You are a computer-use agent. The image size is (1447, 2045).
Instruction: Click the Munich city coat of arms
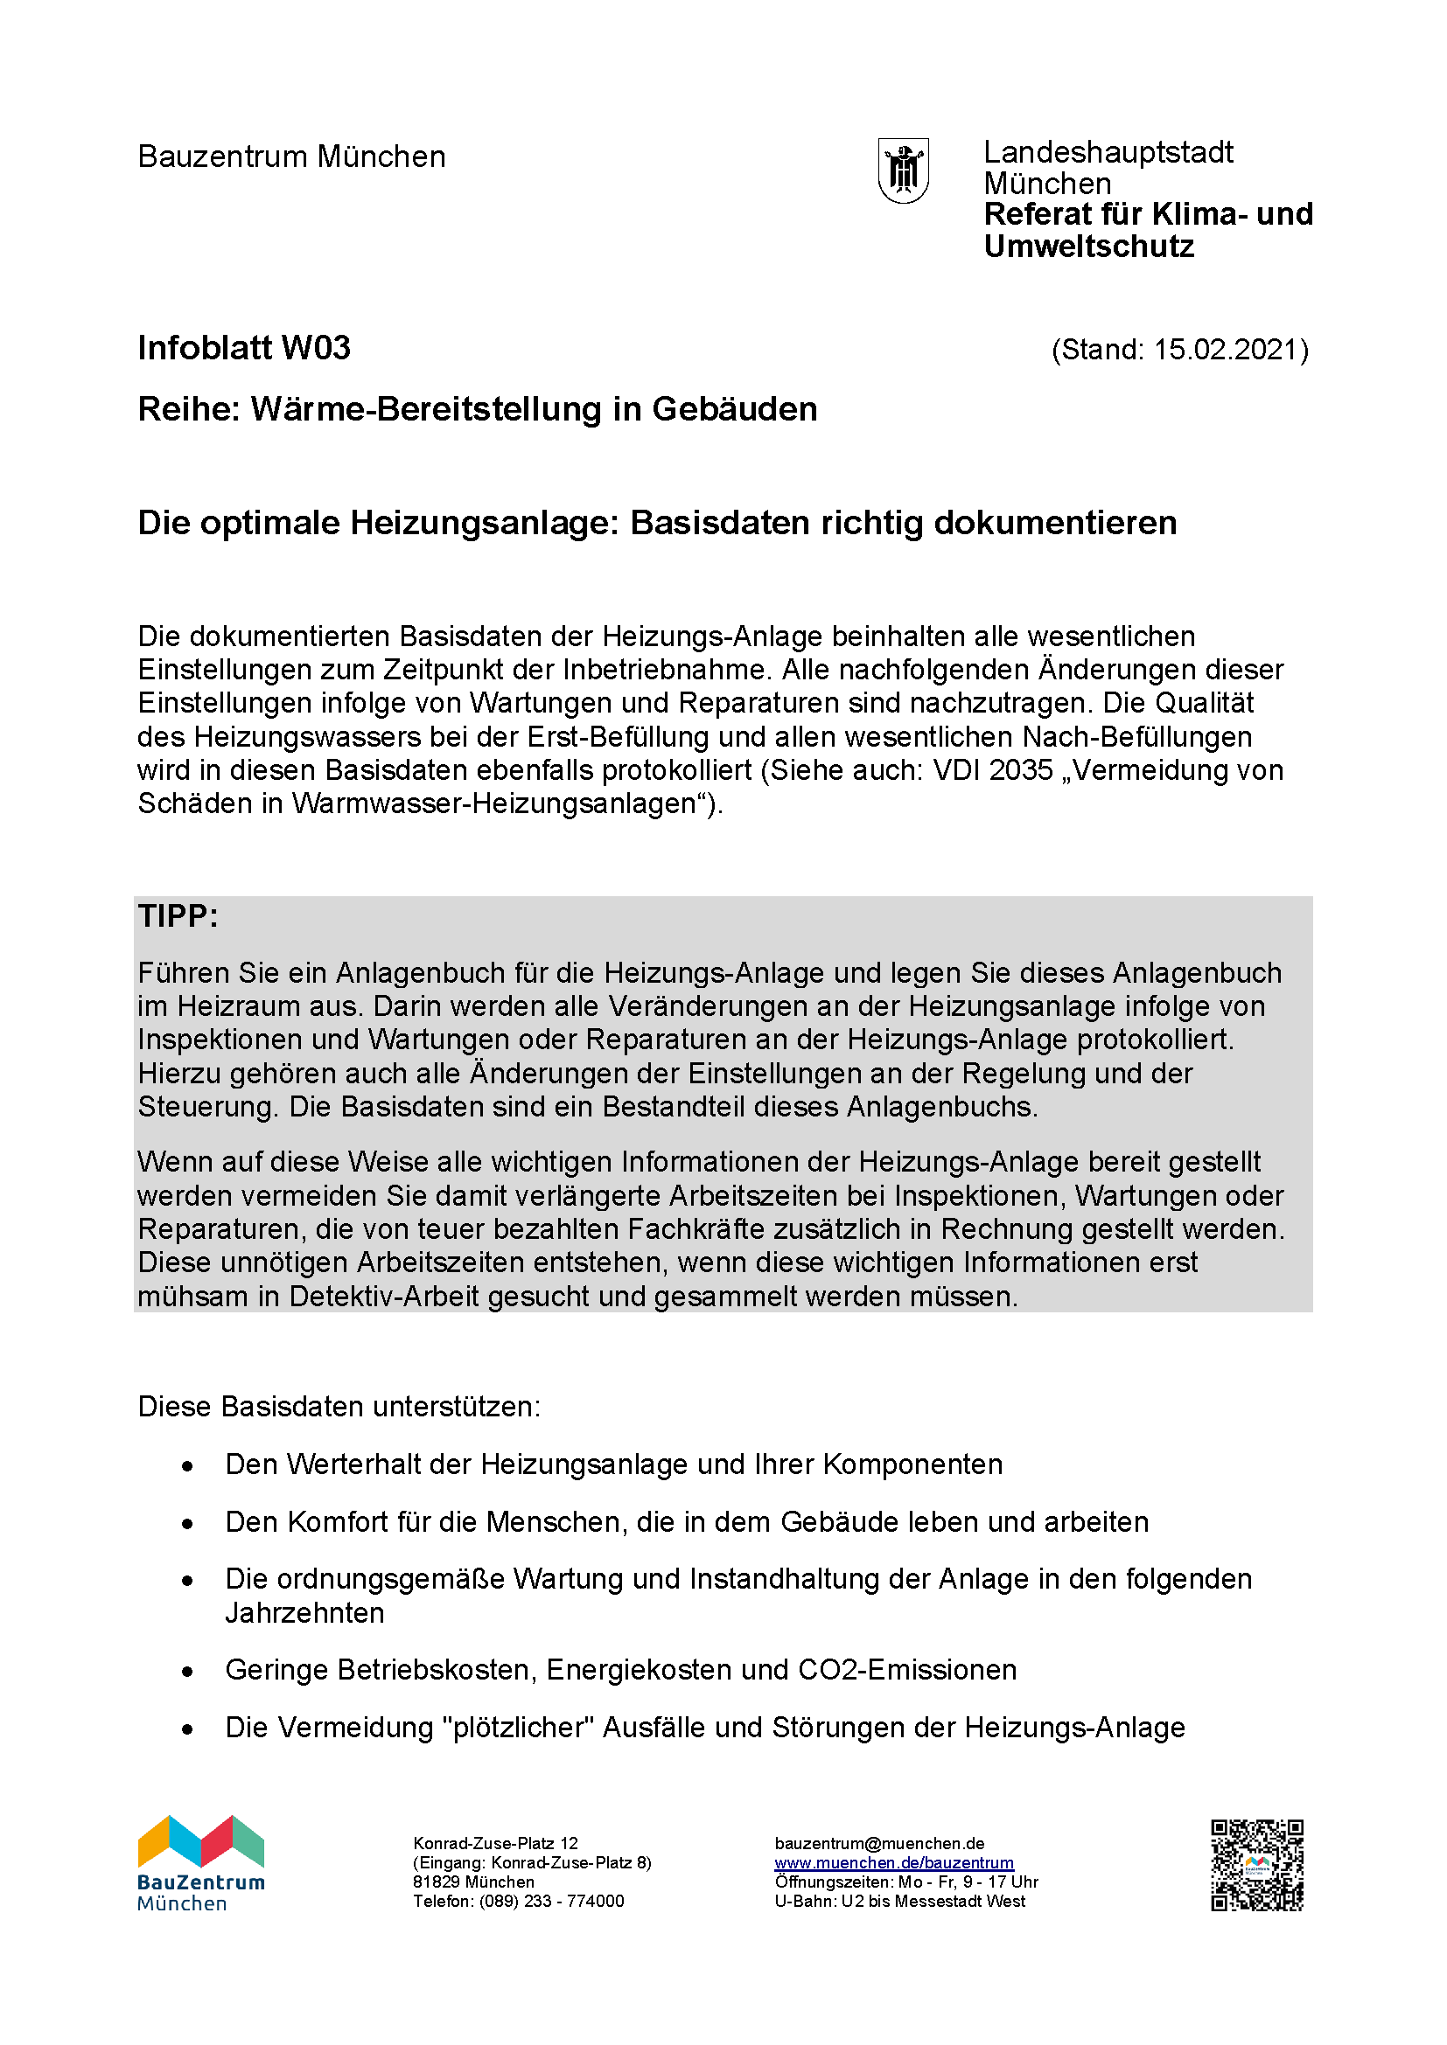pos(904,170)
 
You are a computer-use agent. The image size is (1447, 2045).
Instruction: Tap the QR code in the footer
pos(1256,1866)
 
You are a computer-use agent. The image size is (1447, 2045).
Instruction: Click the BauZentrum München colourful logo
pos(201,1863)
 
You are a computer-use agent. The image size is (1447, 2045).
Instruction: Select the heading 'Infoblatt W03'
pos(244,348)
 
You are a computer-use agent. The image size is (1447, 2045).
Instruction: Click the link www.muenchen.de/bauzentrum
pos(894,1863)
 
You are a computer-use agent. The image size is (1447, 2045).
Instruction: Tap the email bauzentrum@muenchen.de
pos(879,1844)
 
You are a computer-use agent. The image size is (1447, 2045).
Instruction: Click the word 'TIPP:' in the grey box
pos(178,916)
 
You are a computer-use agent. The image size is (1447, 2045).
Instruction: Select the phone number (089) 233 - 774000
pos(551,1902)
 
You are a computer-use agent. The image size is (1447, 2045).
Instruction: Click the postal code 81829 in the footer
pos(436,1882)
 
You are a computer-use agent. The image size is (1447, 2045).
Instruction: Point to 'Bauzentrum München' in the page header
pos(291,157)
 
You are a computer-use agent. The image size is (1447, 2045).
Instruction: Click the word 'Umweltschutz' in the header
pos(1089,247)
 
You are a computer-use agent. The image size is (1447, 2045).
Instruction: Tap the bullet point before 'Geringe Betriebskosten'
pos(187,1672)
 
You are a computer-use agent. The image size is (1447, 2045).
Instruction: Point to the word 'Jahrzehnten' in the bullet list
pos(304,1613)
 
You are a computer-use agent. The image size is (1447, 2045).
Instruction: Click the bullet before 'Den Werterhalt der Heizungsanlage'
pos(187,1466)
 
